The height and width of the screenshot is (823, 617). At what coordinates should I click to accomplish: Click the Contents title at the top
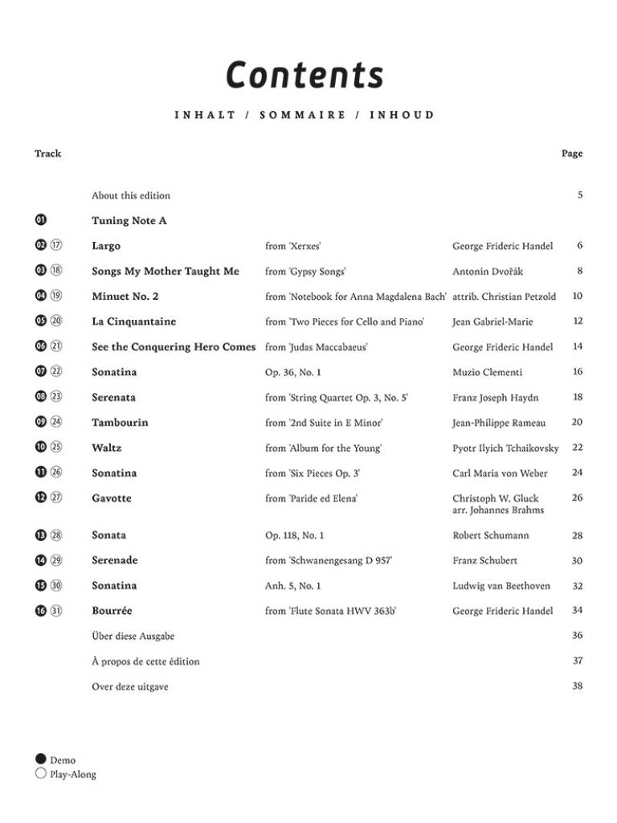(304, 75)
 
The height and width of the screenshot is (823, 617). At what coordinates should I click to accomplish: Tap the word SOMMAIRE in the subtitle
(303, 115)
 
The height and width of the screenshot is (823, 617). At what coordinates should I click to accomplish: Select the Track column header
(47, 154)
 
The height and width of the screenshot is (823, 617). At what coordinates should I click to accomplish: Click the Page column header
(572, 154)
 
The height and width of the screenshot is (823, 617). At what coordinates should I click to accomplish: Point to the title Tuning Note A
(129, 220)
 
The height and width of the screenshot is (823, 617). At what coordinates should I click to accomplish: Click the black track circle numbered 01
(41, 220)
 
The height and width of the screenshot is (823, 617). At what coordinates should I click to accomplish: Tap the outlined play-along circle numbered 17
(56, 246)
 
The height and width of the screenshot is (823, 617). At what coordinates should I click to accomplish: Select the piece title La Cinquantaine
(133, 321)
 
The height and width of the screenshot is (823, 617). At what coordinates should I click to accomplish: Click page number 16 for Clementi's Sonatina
(577, 372)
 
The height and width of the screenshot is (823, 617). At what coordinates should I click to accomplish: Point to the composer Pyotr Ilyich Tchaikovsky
(505, 448)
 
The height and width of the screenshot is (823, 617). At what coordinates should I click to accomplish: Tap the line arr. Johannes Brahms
(498, 510)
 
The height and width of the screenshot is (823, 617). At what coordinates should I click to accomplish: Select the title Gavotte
(112, 498)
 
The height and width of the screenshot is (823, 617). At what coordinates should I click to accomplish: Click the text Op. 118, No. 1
(295, 535)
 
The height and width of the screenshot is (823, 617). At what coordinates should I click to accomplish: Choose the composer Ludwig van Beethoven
(501, 586)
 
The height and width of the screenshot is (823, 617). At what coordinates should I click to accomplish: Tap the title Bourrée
(112, 611)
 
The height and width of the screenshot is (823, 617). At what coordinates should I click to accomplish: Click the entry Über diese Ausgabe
(133, 636)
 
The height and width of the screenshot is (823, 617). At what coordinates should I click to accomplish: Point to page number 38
(577, 686)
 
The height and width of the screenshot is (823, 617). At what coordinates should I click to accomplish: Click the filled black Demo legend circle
(41, 760)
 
